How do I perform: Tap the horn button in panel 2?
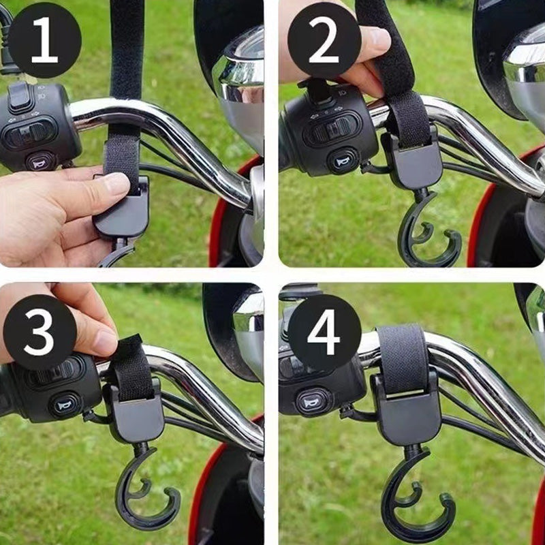click(x=341, y=161)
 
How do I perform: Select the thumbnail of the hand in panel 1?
click(x=116, y=183)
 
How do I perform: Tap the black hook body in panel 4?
click(x=407, y=416)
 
